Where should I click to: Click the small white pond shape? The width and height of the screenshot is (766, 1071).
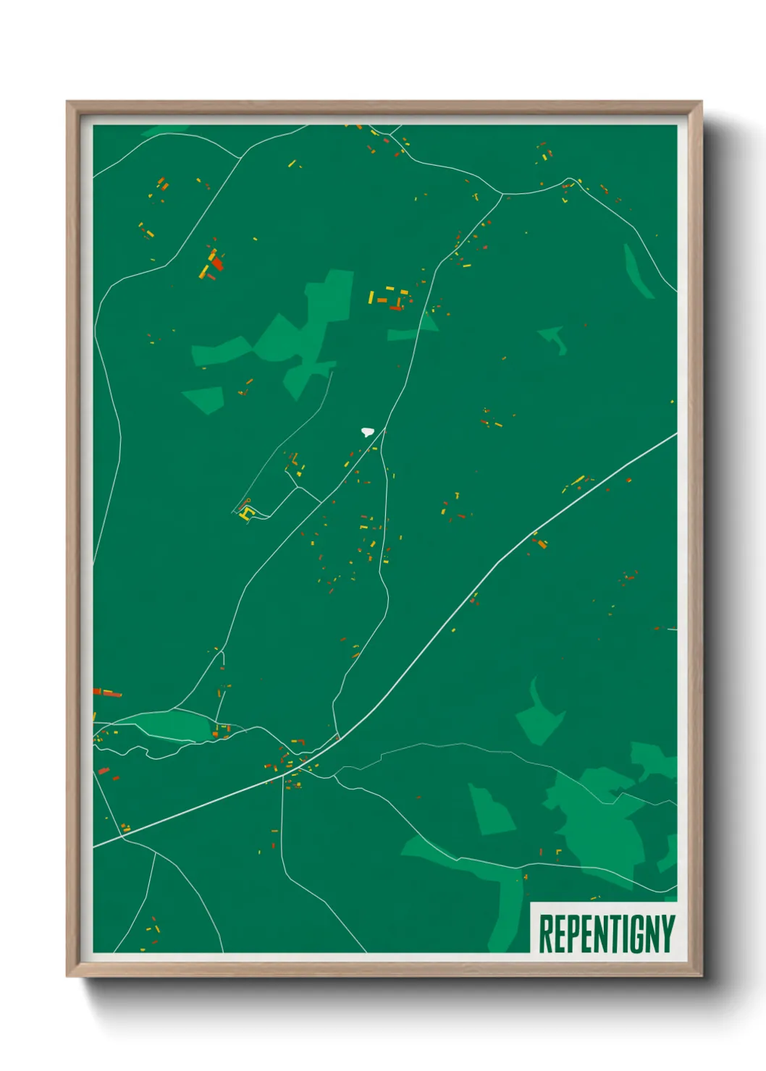(x=368, y=432)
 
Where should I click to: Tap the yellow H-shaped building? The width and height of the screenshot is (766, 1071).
(x=247, y=514)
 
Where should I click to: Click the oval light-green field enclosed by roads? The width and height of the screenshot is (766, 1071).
(x=174, y=726)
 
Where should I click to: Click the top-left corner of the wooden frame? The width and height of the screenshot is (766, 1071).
(x=67, y=102)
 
